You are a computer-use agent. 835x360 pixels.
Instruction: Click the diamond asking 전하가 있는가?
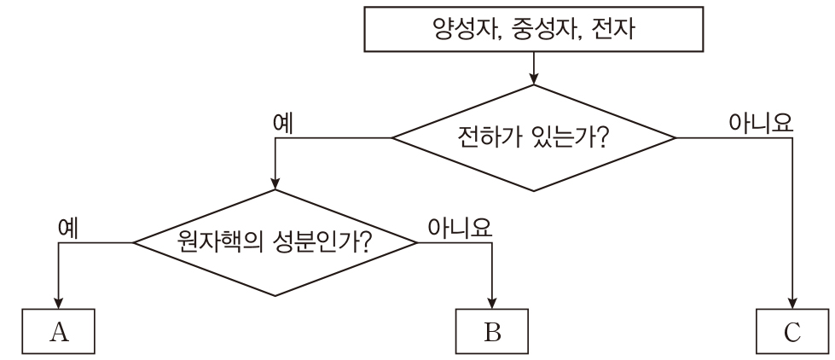point(533,137)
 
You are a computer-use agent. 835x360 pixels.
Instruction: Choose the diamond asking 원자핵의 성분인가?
point(275,243)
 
